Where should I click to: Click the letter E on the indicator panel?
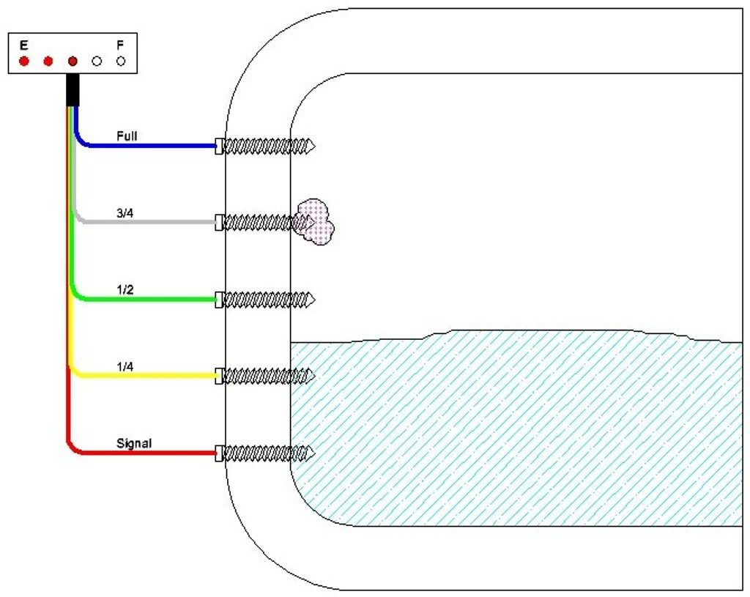click(x=23, y=45)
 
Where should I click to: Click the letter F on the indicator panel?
click(x=120, y=45)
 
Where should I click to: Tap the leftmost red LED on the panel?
click(x=23, y=61)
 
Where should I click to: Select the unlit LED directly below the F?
click(x=121, y=61)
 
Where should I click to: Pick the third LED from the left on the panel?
click(x=73, y=61)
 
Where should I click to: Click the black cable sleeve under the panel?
click(x=73, y=89)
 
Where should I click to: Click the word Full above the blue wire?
click(x=127, y=136)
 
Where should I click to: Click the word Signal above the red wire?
click(x=134, y=443)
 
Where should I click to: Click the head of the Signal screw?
click(x=219, y=453)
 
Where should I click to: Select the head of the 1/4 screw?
click(x=219, y=376)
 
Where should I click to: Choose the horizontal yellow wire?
click(x=146, y=376)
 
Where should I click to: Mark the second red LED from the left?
click(x=48, y=61)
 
